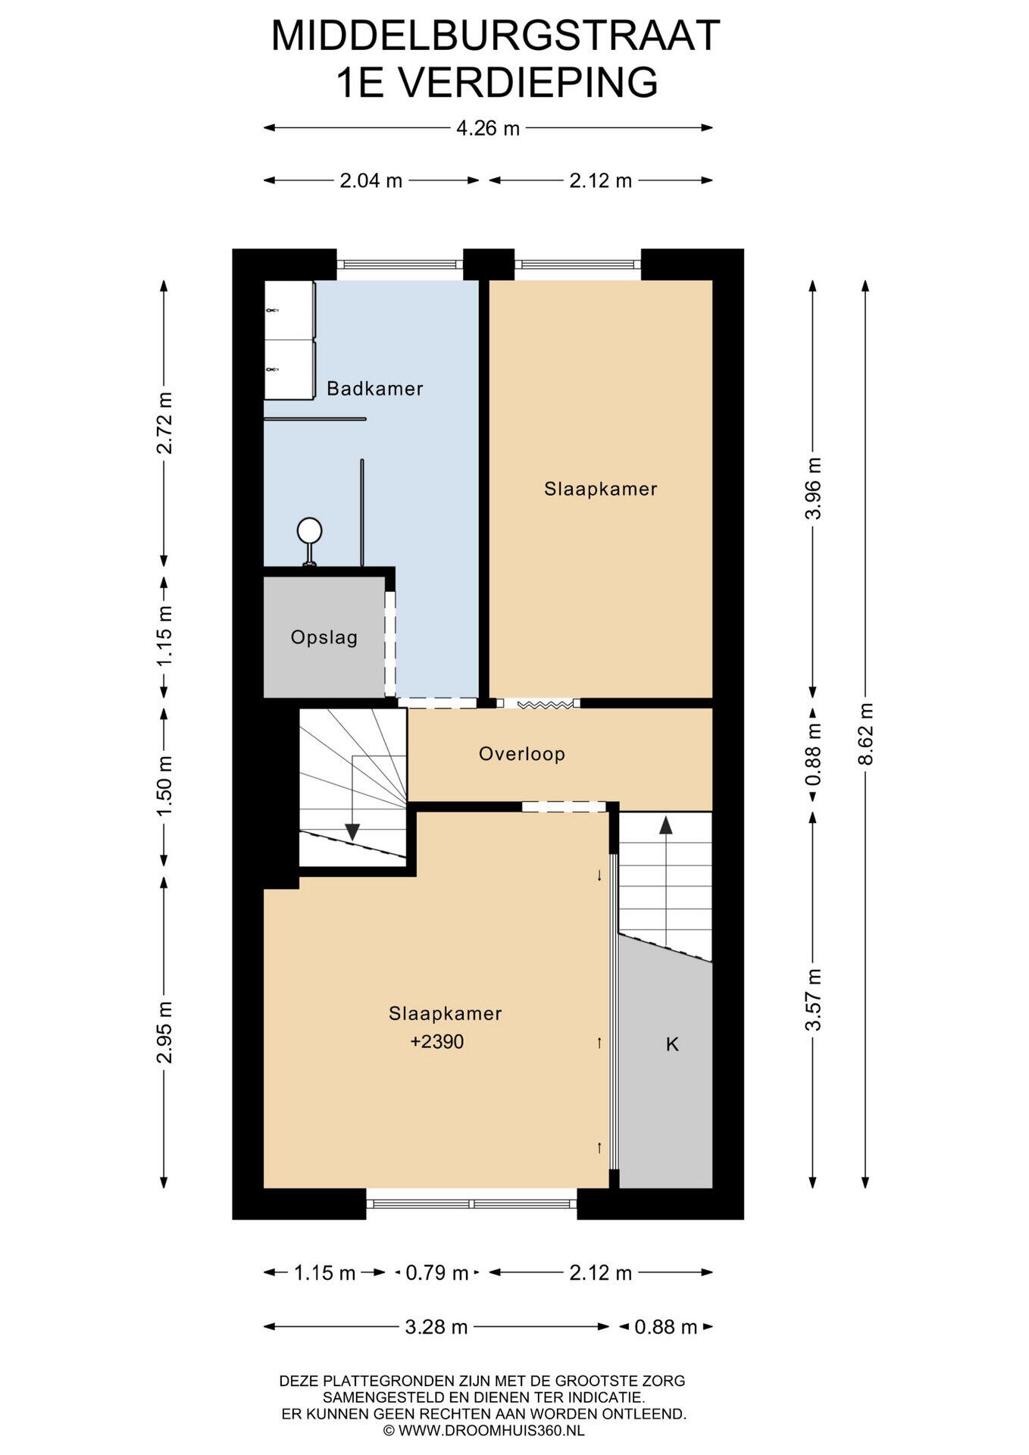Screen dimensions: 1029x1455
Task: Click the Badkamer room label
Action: pos(374,389)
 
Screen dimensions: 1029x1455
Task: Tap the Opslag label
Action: pos(324,637)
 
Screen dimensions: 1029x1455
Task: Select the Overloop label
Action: pos(522,754)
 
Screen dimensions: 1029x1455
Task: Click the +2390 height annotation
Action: pos(437,1042)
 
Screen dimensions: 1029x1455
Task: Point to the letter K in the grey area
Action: pos(672,1044)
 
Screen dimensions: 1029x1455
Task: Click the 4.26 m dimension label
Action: pos(488,128)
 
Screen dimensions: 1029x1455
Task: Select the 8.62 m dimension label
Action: pos(865,734)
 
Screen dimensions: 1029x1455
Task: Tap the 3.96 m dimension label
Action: pos(813,488)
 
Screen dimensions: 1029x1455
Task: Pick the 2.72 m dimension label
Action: pos(164,423)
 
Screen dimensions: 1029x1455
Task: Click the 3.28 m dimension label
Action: pos(436,1327)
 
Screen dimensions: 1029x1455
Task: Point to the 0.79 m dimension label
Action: pos(437,1273)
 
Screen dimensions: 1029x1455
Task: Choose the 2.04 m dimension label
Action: pos(371,181)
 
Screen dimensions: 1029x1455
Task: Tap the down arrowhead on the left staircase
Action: pos(352,831)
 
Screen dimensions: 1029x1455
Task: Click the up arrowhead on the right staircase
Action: pos(666,825)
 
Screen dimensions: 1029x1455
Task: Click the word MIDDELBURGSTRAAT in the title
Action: pos(496,35)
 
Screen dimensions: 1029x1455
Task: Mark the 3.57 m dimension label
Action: pos(813,1000)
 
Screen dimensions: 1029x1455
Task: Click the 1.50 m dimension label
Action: pos(164,786)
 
